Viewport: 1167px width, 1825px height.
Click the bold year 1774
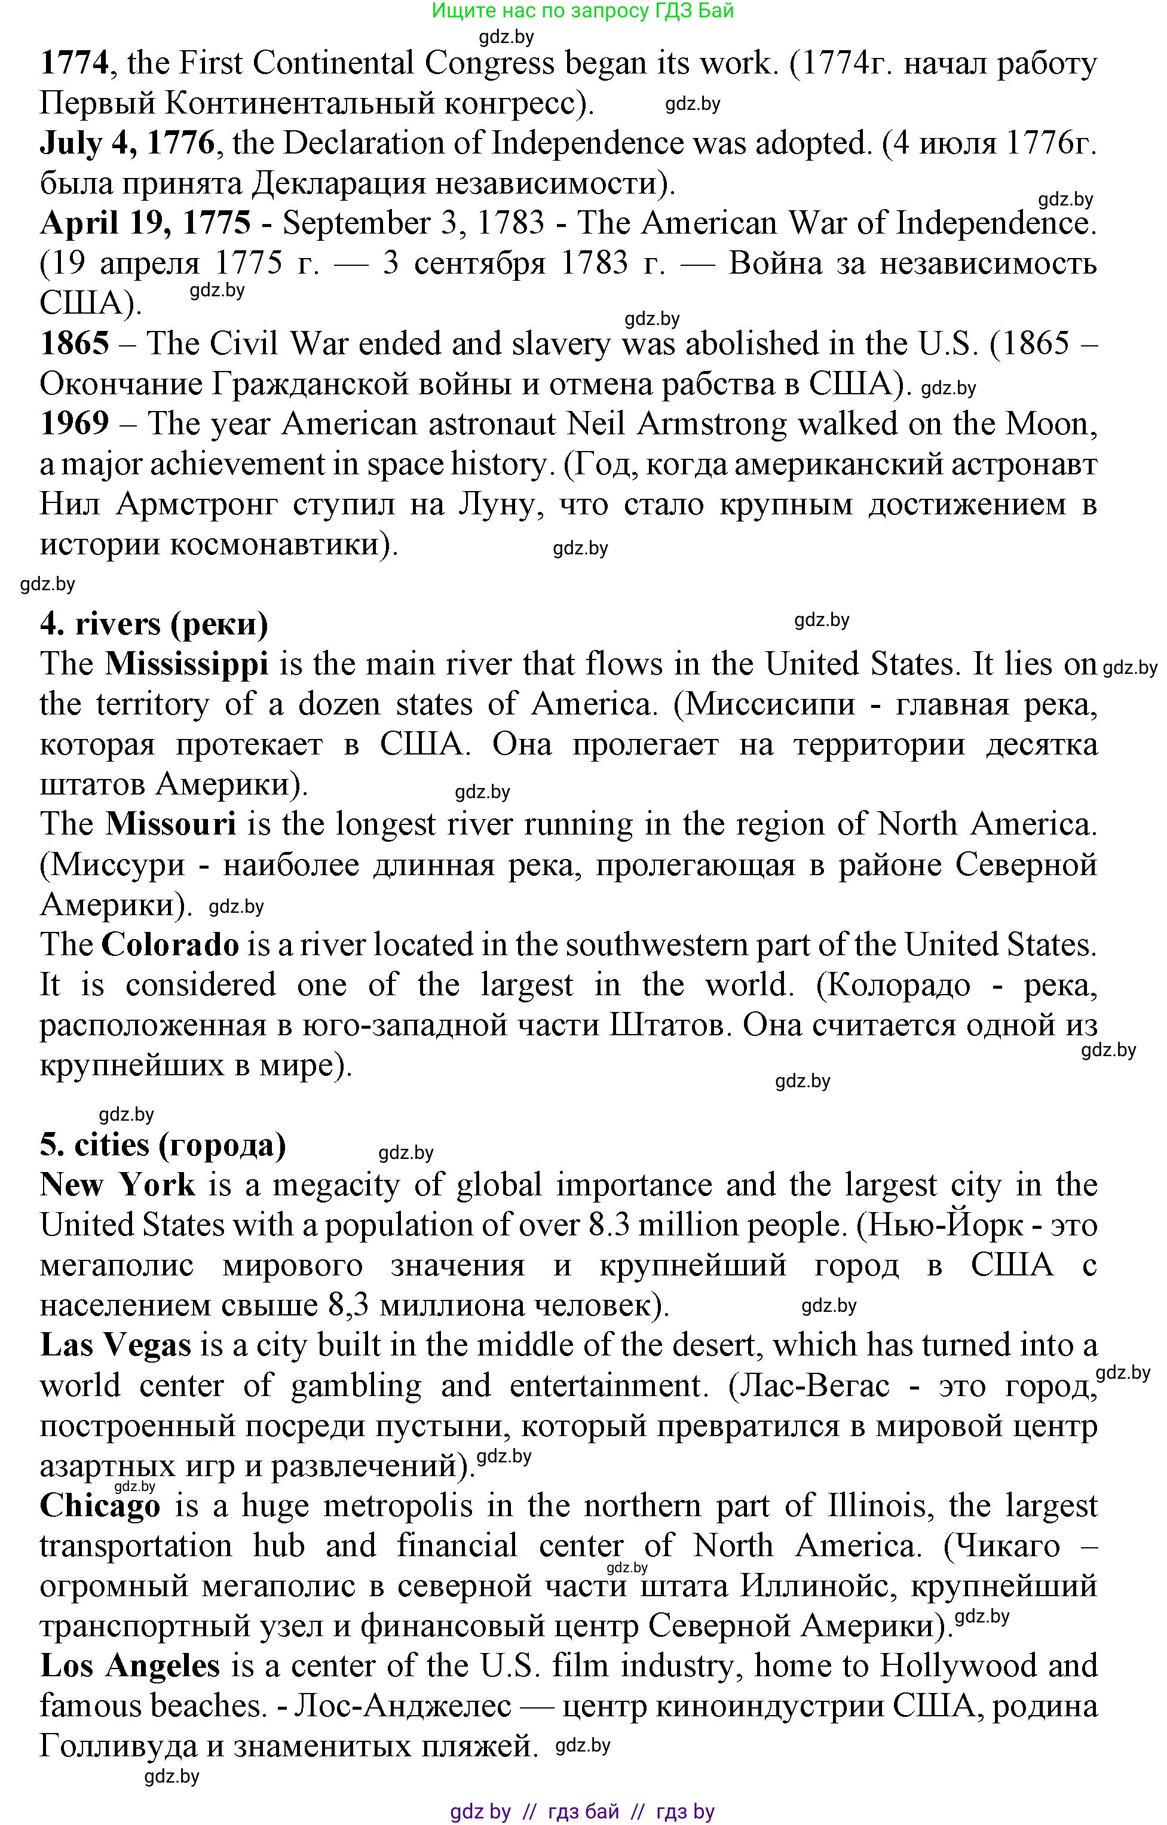pyautogui.click(x=74, y=63)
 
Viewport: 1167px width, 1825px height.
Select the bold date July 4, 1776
pyautogui.click(x=127, y=143)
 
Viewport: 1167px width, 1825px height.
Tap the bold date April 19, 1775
pyautogui.click(x=145, y=223)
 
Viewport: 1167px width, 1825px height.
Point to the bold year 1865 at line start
pyautogui.click(x=74, y=344)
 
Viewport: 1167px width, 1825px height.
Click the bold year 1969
pyautogui.click(x=74, y=424)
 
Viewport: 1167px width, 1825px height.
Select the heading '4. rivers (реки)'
pyautogui.click(x=154, y=624)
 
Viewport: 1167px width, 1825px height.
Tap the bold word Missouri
pyautogui.click(x=171, y=824)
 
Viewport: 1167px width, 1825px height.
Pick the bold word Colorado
pyautogui.click(x=170, y=945)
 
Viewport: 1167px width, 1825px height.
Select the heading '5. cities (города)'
pyautogui.click(x=163, y=1145)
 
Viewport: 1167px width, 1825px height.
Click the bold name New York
pyautogui.click(x=118, y=1185)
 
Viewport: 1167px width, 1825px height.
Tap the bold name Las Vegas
pyautogui.click(x=115, y=1346)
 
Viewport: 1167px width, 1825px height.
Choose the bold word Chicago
pyautogui.click(x=100, y=1507)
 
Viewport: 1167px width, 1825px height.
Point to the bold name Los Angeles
pyautogui.click(x=130, y=1667)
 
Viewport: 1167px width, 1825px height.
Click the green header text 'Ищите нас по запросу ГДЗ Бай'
pyautogui.click(x=583, y=11)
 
